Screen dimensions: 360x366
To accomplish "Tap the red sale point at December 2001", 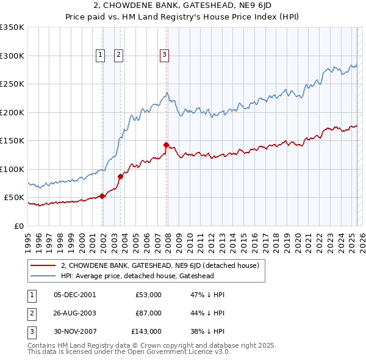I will (x=102, y=196).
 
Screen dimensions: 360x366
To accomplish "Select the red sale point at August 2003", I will (x=121, y=176).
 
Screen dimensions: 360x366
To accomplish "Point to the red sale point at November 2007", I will (x=167, y=145).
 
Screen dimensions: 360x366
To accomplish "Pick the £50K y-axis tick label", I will (x=15, y=198).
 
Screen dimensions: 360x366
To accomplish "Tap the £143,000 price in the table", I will (x=146, y=331).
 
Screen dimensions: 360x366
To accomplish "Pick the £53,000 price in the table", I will (x=148, y=295).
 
